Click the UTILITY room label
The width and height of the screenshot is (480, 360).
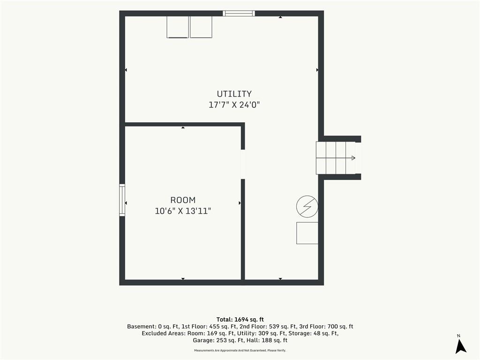pyautogui.click(x=234, y=94)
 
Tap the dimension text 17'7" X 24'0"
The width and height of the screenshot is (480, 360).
pyautogui.click(x=234, y=105)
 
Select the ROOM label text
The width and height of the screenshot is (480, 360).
pyautogui.click(x=183, y=200)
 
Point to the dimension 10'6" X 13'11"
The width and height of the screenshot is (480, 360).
pyautogui.click(x=183, y=211)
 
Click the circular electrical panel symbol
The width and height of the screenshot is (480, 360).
pyautogui.click(x=307, y=207)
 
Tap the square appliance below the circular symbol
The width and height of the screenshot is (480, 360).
pyautogui.click(x=307, y=233)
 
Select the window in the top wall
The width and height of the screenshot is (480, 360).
pyautogui.click(x=239, y=13)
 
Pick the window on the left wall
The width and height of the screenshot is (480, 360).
pyautogui.click(x=122, y=200)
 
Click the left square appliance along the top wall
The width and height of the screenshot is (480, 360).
pyautogui.click(x=178, y=27)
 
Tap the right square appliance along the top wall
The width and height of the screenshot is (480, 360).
pyautogui.click(x=201, y=27)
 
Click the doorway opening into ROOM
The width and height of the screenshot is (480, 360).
pyautogui.click(x=243, y=164)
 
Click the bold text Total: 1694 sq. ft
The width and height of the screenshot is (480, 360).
pyautogui.click(x=240, y=320)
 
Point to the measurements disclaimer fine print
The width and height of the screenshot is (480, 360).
pyautogui.click(x=240, y=351)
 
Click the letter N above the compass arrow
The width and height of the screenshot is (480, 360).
pyautogui.click(x=458, y=336)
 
